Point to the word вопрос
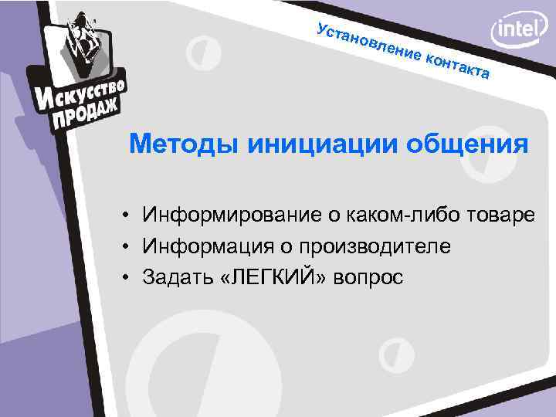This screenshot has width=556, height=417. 368,278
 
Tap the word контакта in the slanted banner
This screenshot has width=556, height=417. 459,64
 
